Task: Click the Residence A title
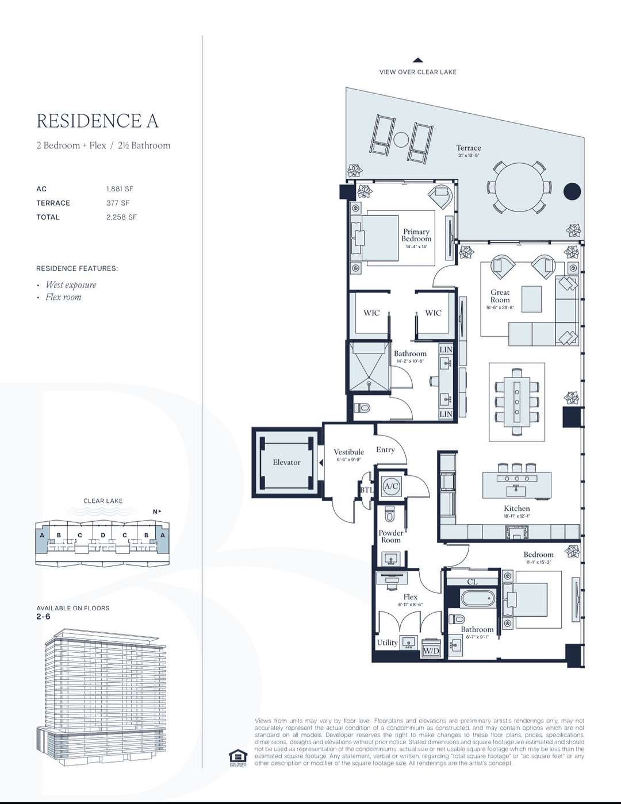97,121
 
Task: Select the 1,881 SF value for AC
120,189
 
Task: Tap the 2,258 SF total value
121,217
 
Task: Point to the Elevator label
286,462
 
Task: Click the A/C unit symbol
391,486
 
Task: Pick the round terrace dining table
519,187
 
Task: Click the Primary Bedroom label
416,235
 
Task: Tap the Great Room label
500,296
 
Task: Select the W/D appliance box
431,650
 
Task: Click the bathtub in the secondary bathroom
477,598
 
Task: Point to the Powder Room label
390,536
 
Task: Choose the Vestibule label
348,452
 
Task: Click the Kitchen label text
517,509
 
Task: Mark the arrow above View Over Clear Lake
418,60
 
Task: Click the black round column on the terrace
572,191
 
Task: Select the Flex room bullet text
63,297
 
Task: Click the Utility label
387,643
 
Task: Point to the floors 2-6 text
43,617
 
